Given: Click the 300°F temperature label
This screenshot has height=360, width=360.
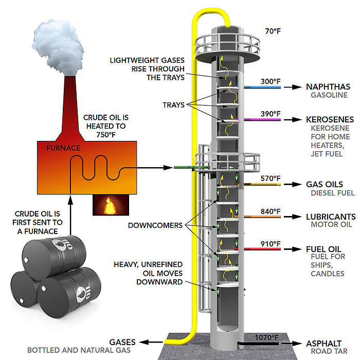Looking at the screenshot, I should tap(270, 81).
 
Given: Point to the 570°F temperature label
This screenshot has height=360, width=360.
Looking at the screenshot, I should tap(270, 178).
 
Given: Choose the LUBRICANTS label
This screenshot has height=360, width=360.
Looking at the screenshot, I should tap(330, 217).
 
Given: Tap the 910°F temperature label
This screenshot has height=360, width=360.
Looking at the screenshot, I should tap(270, 243).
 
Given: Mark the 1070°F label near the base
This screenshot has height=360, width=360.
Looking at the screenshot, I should tap(267, 337).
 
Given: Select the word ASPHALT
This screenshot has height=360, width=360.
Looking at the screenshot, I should tap(323, 343).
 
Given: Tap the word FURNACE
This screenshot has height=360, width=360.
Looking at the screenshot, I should tap(61, 148).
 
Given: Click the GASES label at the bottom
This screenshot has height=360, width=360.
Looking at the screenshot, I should tap(122, 342).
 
